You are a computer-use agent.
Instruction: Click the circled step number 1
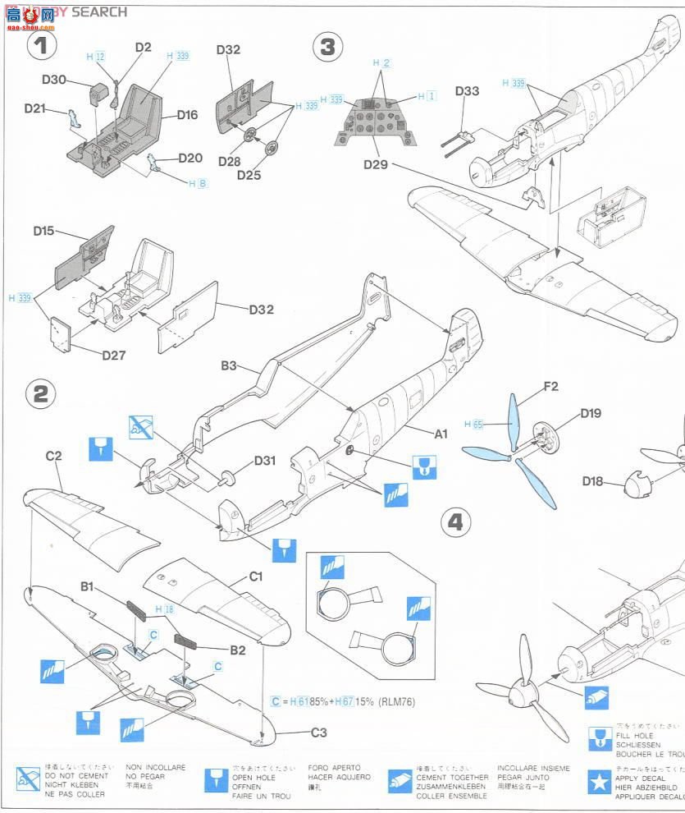coord(43,46)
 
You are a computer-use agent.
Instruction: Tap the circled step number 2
coord(42,395)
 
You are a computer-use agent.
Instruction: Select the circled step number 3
coord(327,47)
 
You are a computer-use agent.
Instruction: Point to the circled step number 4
coord(457,522)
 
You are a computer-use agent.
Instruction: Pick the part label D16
coord(186,115)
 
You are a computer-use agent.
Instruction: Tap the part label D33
coord(467,91)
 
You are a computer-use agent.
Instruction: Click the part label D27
coord(114,355)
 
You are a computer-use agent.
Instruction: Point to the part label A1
coord(441,433)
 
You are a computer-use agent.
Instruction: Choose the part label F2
coord(550,386)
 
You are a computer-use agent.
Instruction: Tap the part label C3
coord(319,733)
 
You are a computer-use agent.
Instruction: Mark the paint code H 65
coord(473,425)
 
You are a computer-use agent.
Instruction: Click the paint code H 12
coord(96,57)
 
